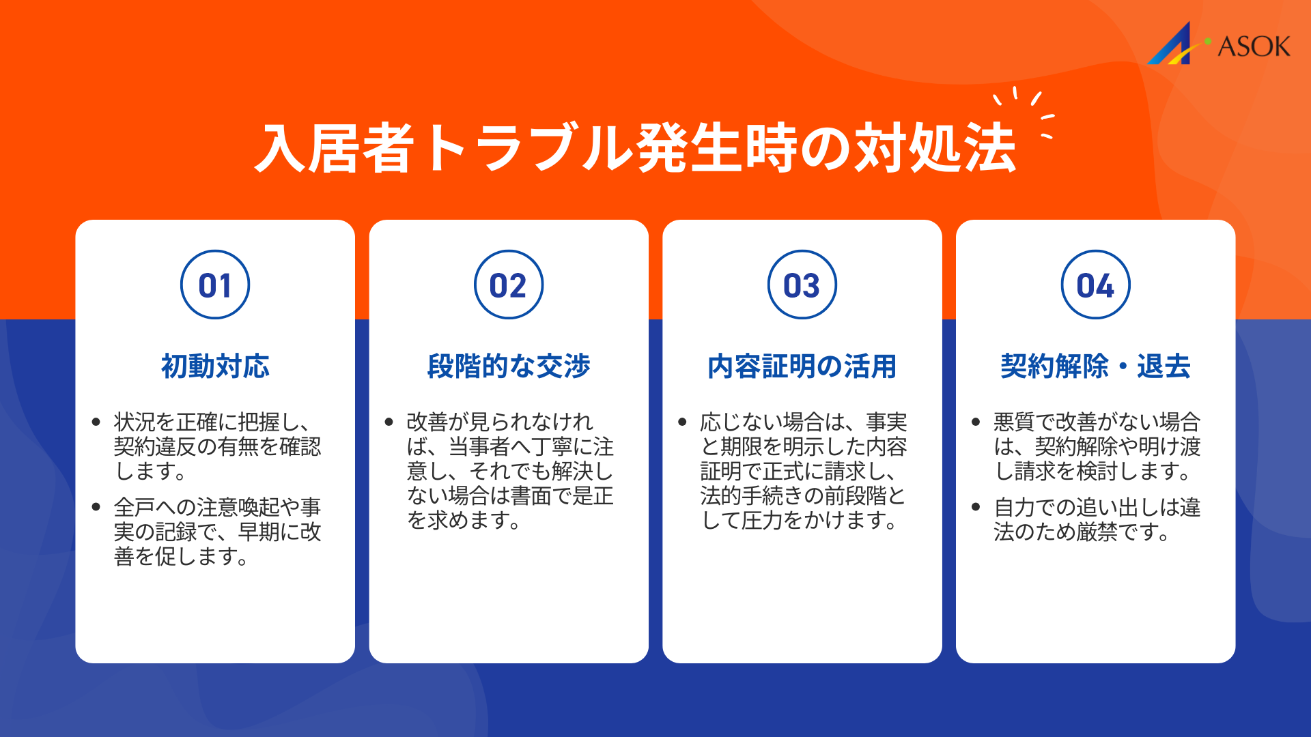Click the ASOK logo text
1254,46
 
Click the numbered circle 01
215,285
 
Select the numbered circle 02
509,285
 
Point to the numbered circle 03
802,285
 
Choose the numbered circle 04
1096,285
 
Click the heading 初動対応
215,366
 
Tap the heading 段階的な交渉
509,366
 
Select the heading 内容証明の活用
802,366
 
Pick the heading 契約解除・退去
1096,366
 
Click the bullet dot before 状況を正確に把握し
96,422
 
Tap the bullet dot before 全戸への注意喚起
96,507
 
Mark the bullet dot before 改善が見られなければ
389,422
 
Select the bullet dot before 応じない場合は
682,422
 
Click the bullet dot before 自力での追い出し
976,507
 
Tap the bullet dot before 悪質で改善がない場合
976,422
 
